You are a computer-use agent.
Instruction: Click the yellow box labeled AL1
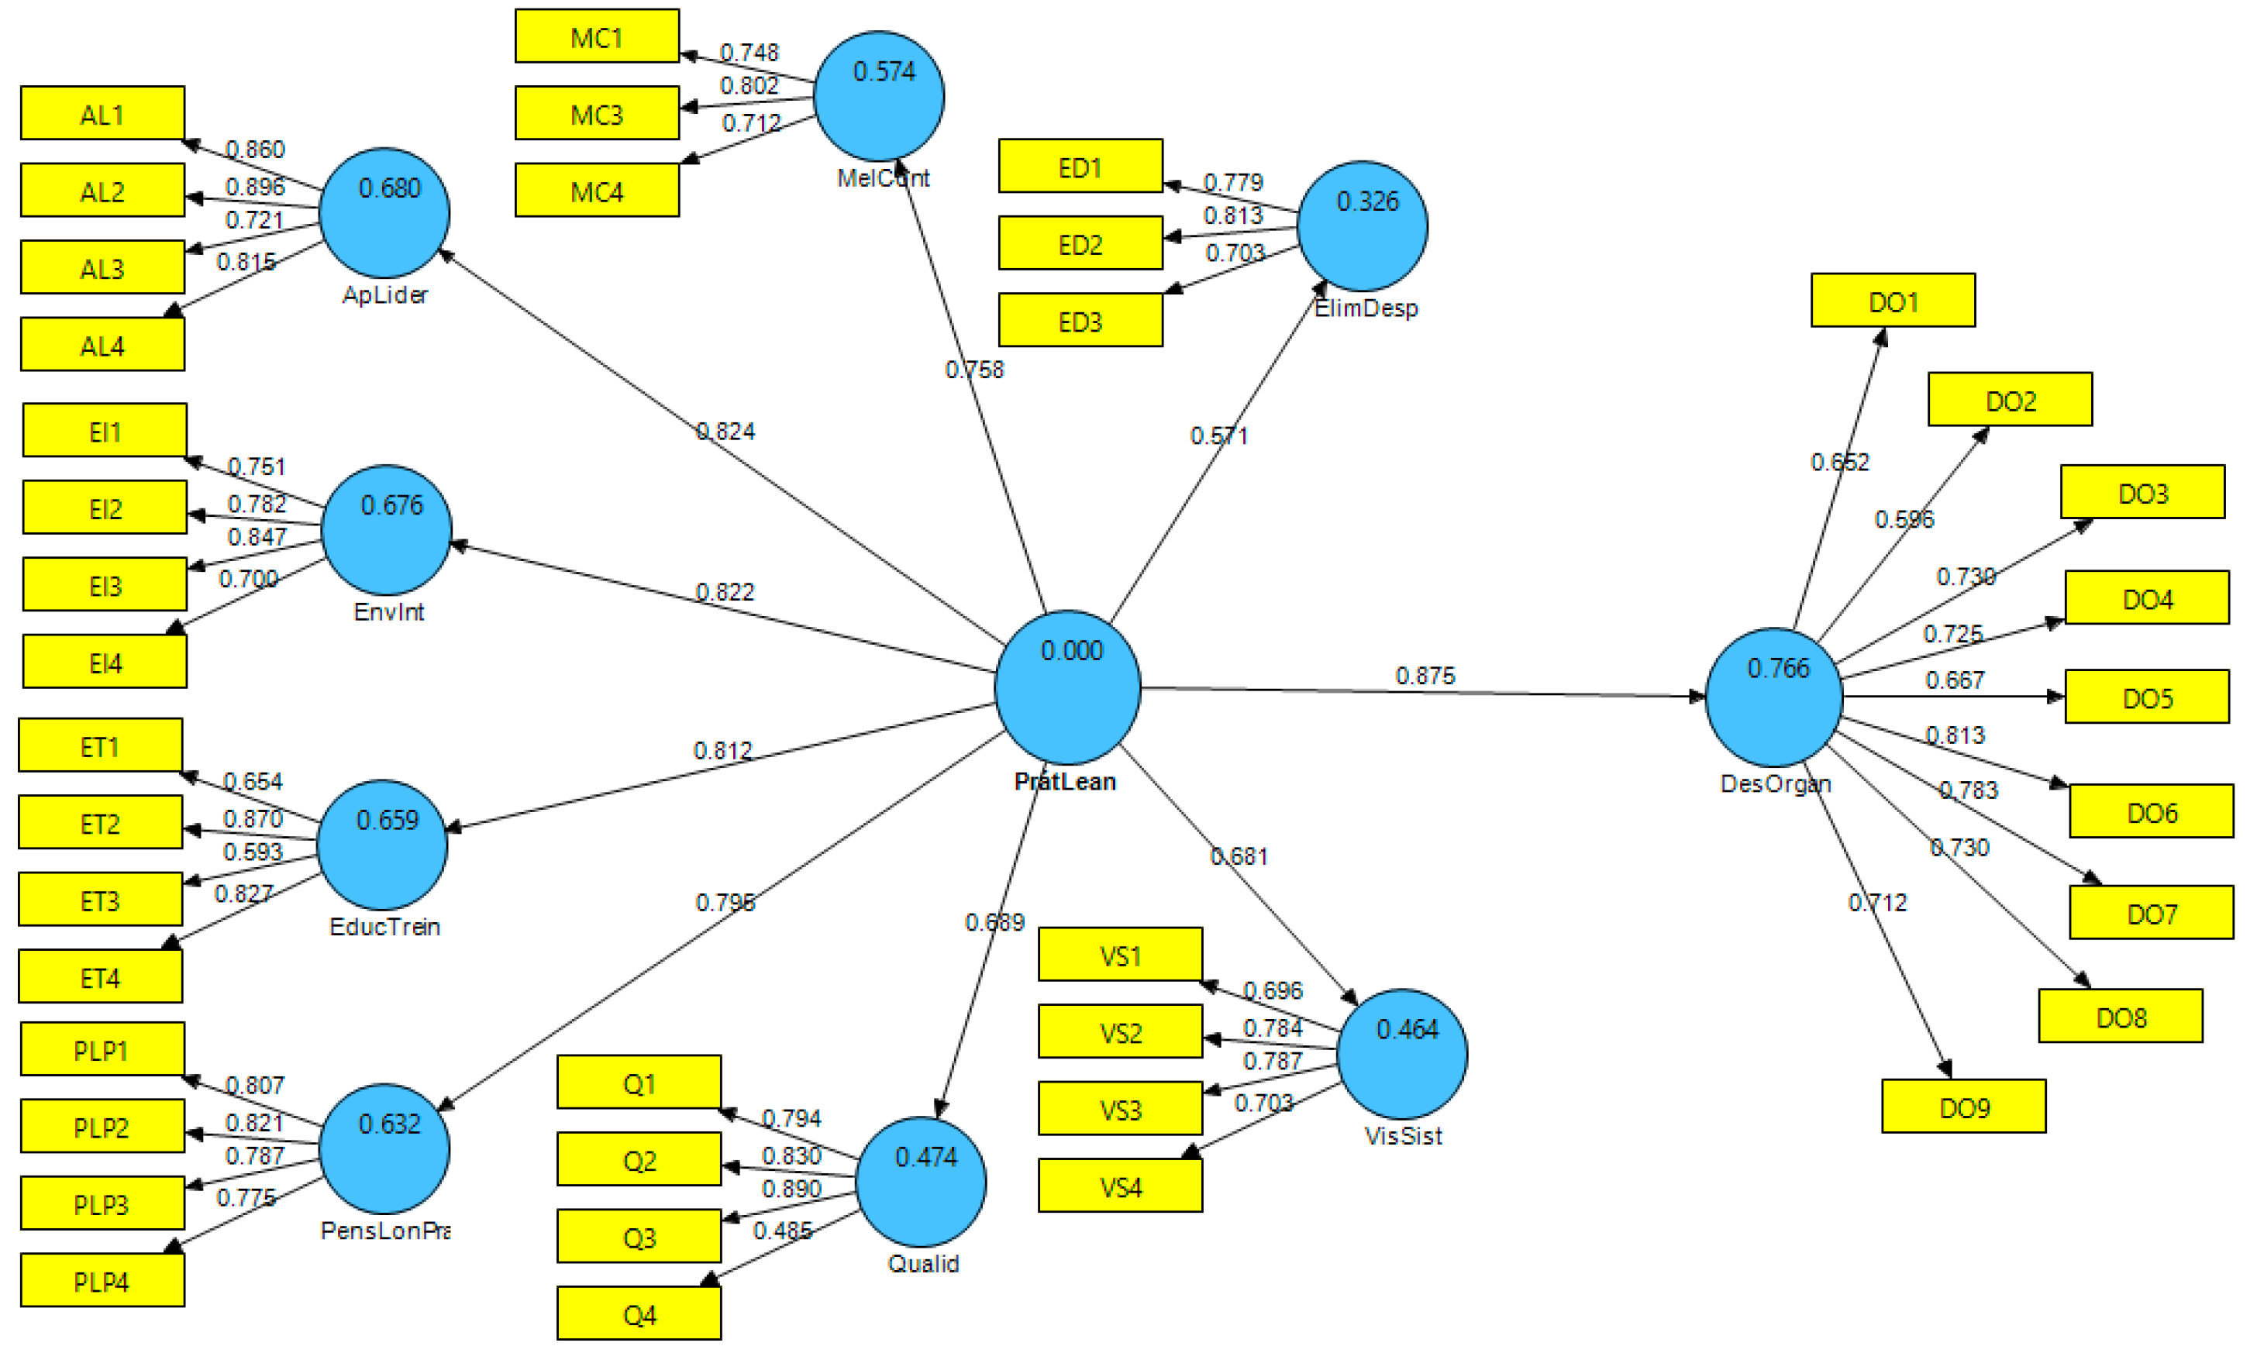[x=102, y=113]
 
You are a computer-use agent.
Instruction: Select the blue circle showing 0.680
[x=384, y=212]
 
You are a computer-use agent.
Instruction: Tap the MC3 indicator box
[x=596, y=113]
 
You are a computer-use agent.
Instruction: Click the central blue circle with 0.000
[x=1067, y=687]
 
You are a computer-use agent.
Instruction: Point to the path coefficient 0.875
[x=1424, y=676]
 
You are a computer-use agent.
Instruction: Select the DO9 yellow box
[x=1962, y=1106]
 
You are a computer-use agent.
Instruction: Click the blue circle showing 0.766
[x=1773, y=697]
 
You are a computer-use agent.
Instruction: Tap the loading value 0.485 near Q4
[x=781, y=1231]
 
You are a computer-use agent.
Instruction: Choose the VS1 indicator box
[x=1119, y=955]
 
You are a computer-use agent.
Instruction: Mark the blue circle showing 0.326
[x=1362, y=226]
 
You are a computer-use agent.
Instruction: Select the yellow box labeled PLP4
[x=102, y=1280]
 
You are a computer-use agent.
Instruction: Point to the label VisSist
[x=1402, y=1136]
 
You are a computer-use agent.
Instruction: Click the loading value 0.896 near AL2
[x=254, y=187]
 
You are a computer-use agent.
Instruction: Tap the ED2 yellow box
[x=1080, y=243]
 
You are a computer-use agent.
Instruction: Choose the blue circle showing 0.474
[x=921, y=1182]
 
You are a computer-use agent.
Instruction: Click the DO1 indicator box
[x=1893, y=300]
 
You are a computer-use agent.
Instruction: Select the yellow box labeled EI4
[x=104, y=662]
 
